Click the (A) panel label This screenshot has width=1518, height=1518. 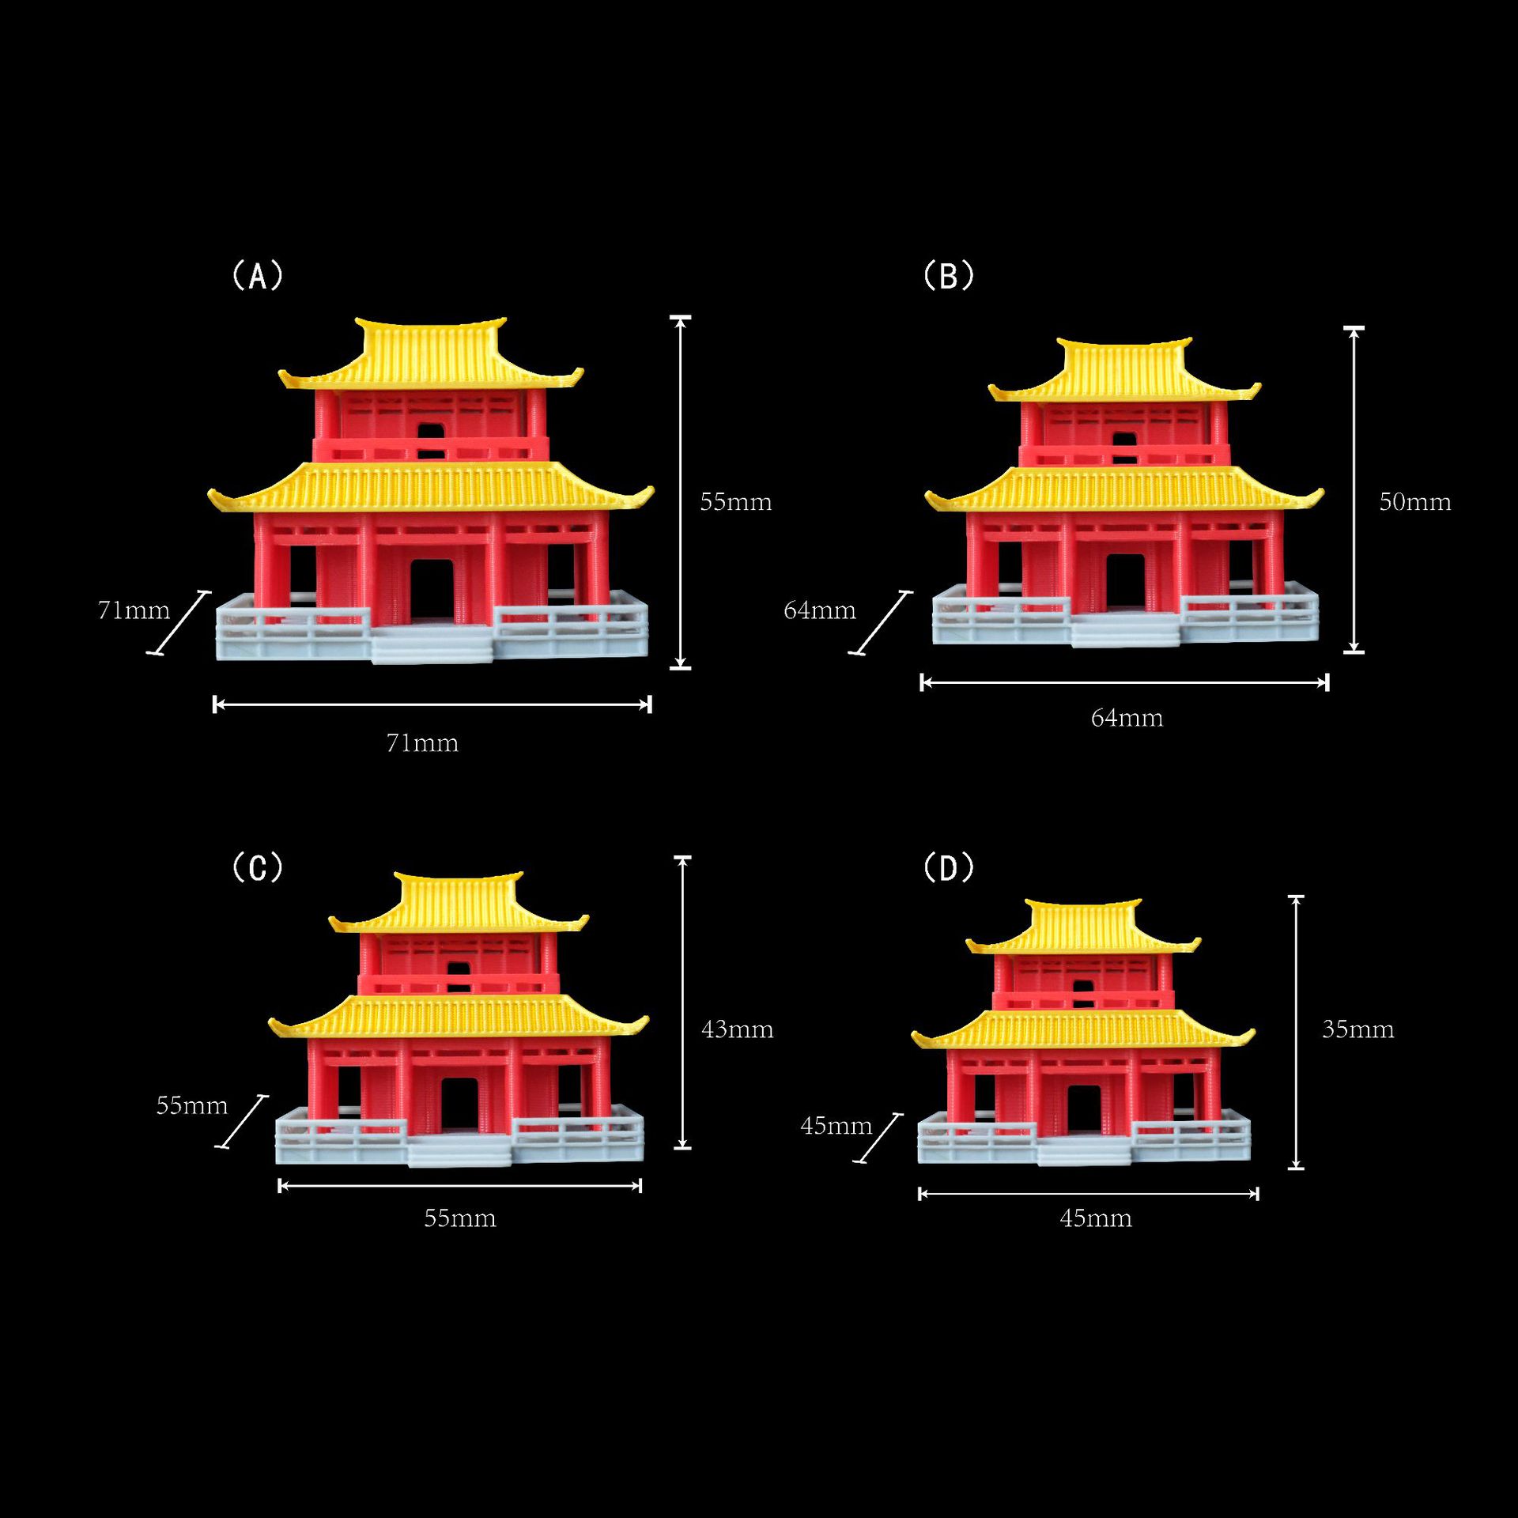click(258, 276)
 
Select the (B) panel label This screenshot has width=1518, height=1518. click(949, 276)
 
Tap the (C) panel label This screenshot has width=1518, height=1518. click(258, 867)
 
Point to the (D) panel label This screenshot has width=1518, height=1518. click(949, 867)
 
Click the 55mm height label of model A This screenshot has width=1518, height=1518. click(735, 502)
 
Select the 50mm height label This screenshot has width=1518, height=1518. click(1414, 502)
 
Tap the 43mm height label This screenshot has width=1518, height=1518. click(737, 1029)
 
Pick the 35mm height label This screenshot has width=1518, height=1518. click(1358, 1029)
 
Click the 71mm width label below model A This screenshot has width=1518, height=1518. click(422, 743)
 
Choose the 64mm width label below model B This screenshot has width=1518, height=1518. click(1127, 718)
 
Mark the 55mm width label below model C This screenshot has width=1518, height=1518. click(460, 1218)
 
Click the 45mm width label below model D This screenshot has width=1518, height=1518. click(1096, 1218)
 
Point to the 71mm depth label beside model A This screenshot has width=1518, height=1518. click(134, 610)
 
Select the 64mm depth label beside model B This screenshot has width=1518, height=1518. click(820, 610)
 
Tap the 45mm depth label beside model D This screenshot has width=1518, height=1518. click(836, 1126)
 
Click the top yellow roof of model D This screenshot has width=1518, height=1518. click(1085, 925)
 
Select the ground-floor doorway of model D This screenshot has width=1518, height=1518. click(1084, 1110)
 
